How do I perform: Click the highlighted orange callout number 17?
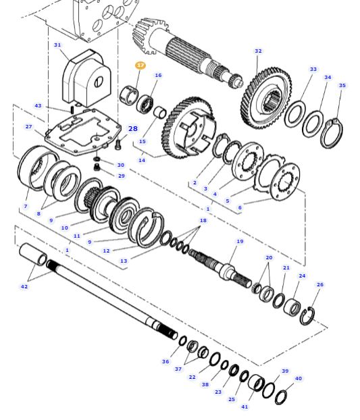click(140, 65)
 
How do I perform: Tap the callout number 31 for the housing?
click(57, 45)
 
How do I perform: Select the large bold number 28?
click(133, 129)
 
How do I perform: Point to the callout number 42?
click(24, 286)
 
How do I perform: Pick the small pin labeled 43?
click(72, 110)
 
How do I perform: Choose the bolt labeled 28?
click(118, 145)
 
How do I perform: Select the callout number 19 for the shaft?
click(240, 241)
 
